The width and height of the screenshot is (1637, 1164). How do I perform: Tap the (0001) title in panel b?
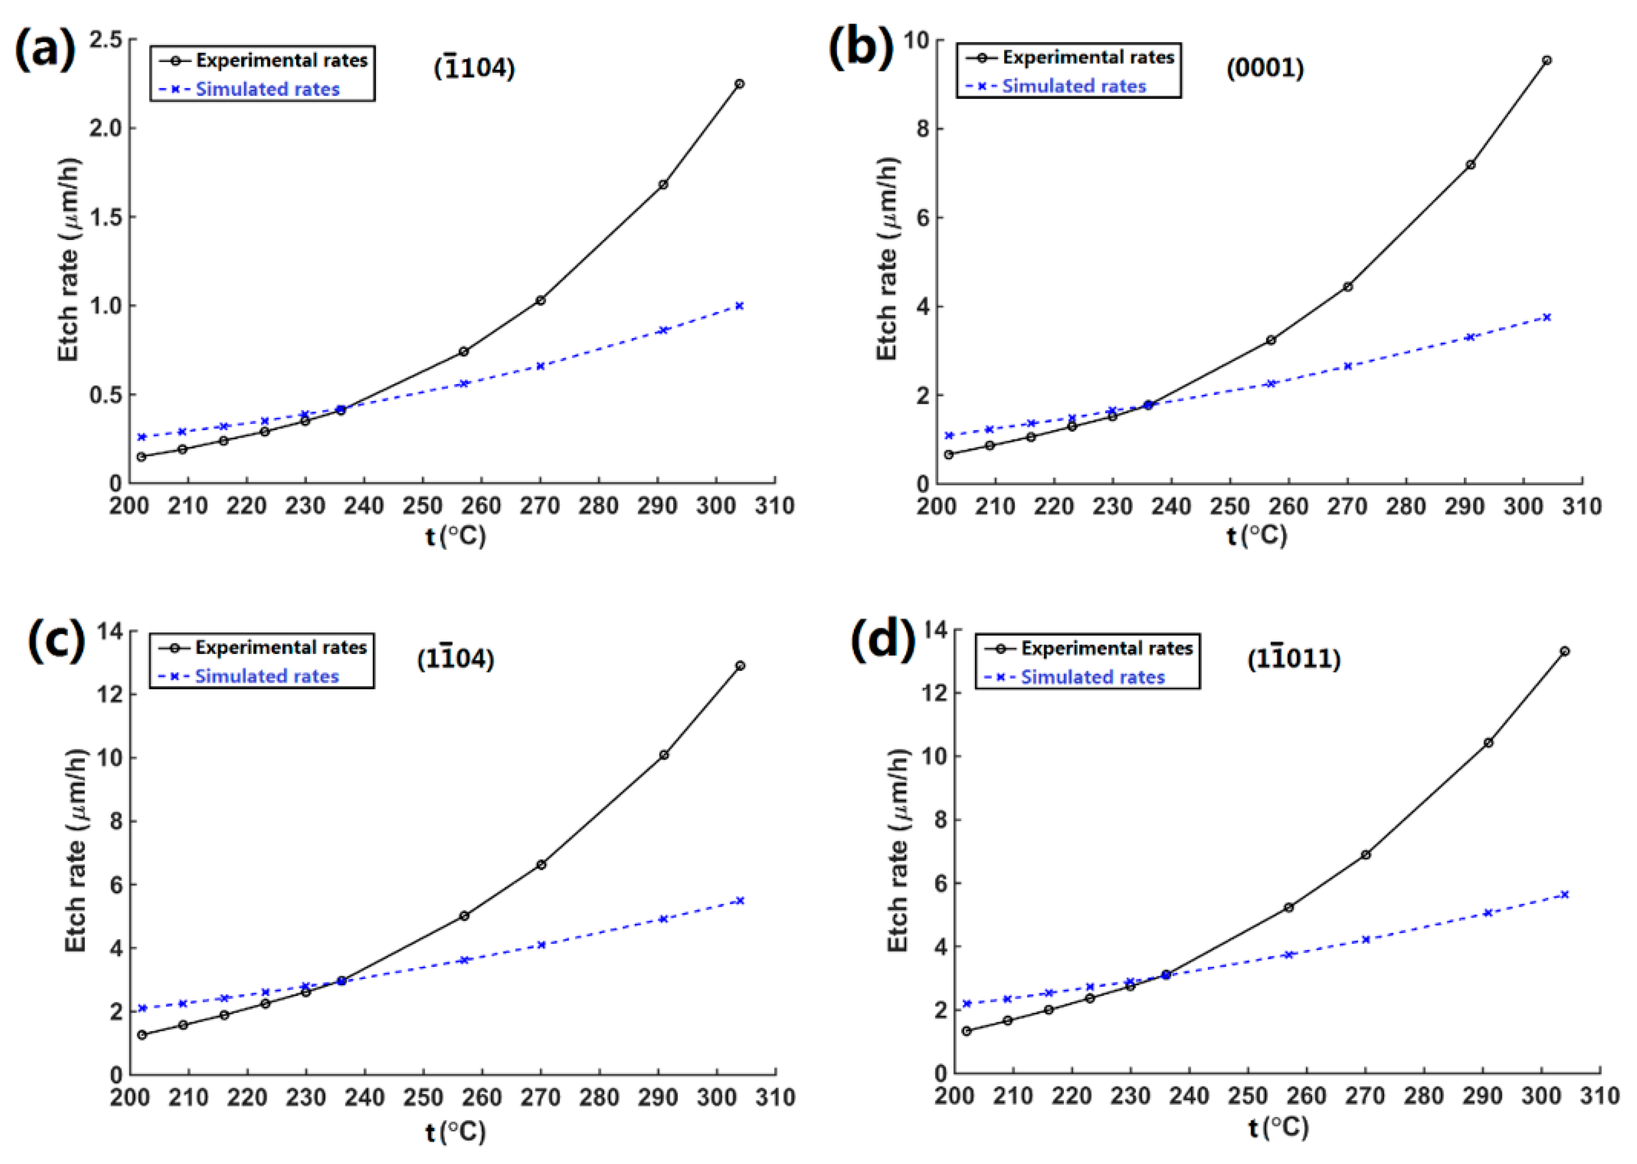[x=1264, y=68]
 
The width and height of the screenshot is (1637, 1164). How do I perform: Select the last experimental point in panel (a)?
[x=739, y=84]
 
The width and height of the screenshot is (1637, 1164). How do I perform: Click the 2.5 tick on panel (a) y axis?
[x=105, y=39]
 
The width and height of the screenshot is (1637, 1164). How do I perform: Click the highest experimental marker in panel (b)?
[x=1547, y=60]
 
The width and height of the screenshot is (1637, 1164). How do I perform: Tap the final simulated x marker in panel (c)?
[x=740, y=900]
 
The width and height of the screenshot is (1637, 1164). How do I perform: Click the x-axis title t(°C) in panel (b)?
[x=1257, y=535]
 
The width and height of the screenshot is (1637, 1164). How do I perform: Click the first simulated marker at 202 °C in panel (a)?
[x=142, y=437]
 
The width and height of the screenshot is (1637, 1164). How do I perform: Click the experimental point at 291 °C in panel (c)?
[x=663, y=755]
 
